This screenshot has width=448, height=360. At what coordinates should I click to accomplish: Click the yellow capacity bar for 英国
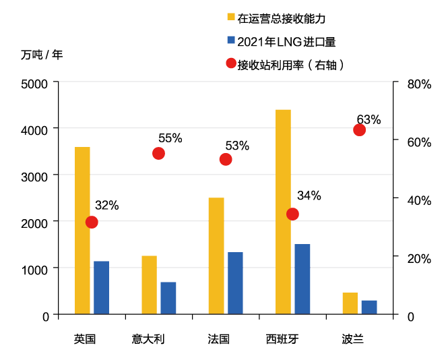[x=82, y=230]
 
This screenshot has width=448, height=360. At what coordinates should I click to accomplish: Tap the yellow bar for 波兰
[x=350, y=303]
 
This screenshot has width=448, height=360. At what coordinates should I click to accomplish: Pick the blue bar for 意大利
[x=168, y=297]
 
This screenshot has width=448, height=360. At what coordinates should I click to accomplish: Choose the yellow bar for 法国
[x=216, y=256]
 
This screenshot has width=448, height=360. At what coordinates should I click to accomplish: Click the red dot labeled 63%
[x=359, y=129]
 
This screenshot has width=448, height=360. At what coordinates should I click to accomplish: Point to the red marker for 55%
[x=158, y=153]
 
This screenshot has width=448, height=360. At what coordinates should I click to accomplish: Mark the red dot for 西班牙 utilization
[x=292, y=214]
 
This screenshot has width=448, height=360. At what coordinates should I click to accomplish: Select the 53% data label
[x=237, y=146]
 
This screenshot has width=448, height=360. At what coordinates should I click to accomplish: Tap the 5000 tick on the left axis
[x=35, y=84]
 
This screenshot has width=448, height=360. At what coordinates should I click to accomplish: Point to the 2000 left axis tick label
[x=35, y=222]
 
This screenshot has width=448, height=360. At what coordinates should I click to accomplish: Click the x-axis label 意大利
[x=148, y=338]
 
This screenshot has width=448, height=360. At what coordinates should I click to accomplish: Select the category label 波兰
[x=353, y=338]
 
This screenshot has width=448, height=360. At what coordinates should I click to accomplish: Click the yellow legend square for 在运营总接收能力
[x=231, y=18]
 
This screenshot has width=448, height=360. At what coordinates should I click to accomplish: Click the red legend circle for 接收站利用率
[x=231, y=64]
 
